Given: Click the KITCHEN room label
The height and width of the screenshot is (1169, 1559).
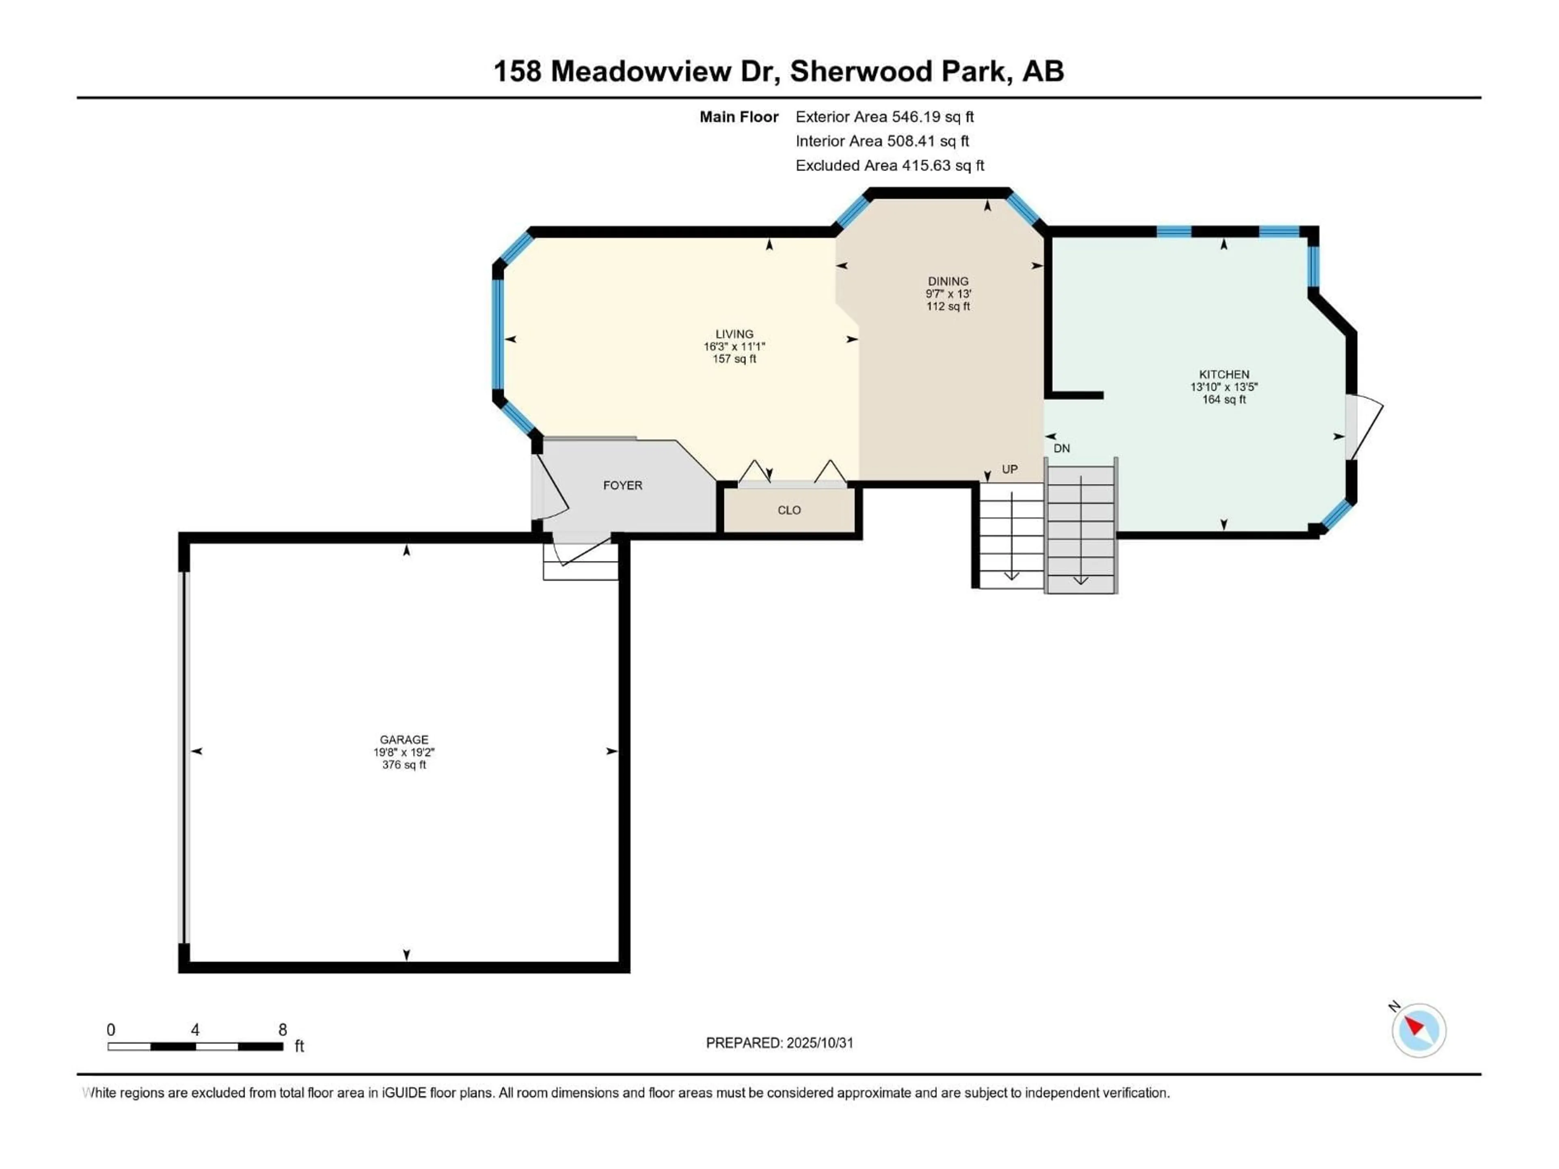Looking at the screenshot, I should click(x=1224, y=374).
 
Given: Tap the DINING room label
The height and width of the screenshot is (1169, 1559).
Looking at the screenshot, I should click(x=948, y=281).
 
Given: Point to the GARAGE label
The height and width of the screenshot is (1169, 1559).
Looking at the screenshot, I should click(x=404, y=739).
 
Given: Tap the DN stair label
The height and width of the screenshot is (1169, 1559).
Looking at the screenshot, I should click(x=1061, y=448).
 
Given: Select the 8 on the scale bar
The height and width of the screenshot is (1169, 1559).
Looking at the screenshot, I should click(x=283, y=1029).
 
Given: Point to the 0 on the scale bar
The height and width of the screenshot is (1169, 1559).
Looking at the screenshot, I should click(x=111, y=1029).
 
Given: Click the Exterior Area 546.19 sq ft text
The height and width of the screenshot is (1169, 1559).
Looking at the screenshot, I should click(x=885, y=117).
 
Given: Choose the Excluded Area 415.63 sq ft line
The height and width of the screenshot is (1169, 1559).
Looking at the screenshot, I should click(x=890, y=166).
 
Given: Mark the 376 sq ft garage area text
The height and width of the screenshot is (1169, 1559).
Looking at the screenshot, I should click(x=404, y=765).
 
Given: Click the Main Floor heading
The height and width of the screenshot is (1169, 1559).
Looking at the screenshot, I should click(x=738, y=117).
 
